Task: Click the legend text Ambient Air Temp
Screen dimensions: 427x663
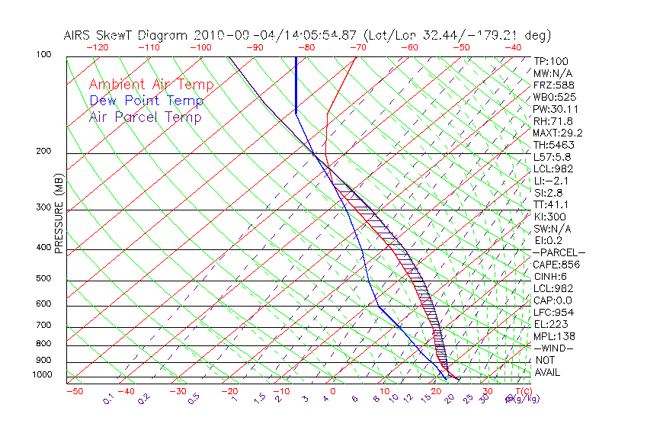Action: pyautogui.click(x=151, y=85)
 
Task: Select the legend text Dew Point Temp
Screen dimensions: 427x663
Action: pyautogui.click(x=146, y=101)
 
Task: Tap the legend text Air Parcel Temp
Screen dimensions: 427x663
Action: pyautogui.click(x=146, y=117)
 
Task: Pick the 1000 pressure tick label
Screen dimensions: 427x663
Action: pyautogui.click(x=43, y=375)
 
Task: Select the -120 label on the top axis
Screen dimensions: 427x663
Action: pyautogui.click(x=97, y=47)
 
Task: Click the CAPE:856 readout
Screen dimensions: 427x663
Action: pyautogui.click(x=556, y=265)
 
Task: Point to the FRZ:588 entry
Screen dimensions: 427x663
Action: pyautogui.click(x=552, y=85)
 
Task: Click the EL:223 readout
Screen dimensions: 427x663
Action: pyautogui.click(x=549, y=324)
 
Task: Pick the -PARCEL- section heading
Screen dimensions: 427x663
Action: pyautogui.click(x=559, y=252)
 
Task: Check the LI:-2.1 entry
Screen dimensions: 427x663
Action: pyautogui.click(x=551, y=181)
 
